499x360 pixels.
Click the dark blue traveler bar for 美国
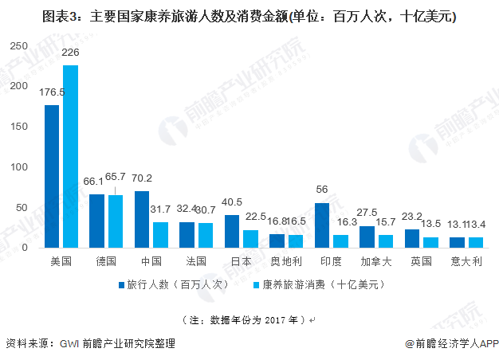pyautogui.click(x=52, y=176)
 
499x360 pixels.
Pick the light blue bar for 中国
pyautogui.click(x=160, y=234)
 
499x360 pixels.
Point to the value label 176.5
pyautogui.click(x=52, y=92)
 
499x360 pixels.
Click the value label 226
pyautogui.click(x=71, y=53)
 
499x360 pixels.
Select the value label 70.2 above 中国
pyautogui.click(x=143, y=178)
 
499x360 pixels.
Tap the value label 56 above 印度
pyautogui.click(x=323, y=190)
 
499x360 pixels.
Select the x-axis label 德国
pyautogui.click(x=106, y=261)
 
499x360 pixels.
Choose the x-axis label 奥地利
pyautogui.click(x=286, y=261)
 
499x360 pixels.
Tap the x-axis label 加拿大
pyautogui.click(x=376, y=261)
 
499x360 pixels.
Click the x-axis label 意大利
pyautogui.click(x=466, y=261)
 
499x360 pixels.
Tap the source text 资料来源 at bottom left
pyautogui.click(x=89, y=343)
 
